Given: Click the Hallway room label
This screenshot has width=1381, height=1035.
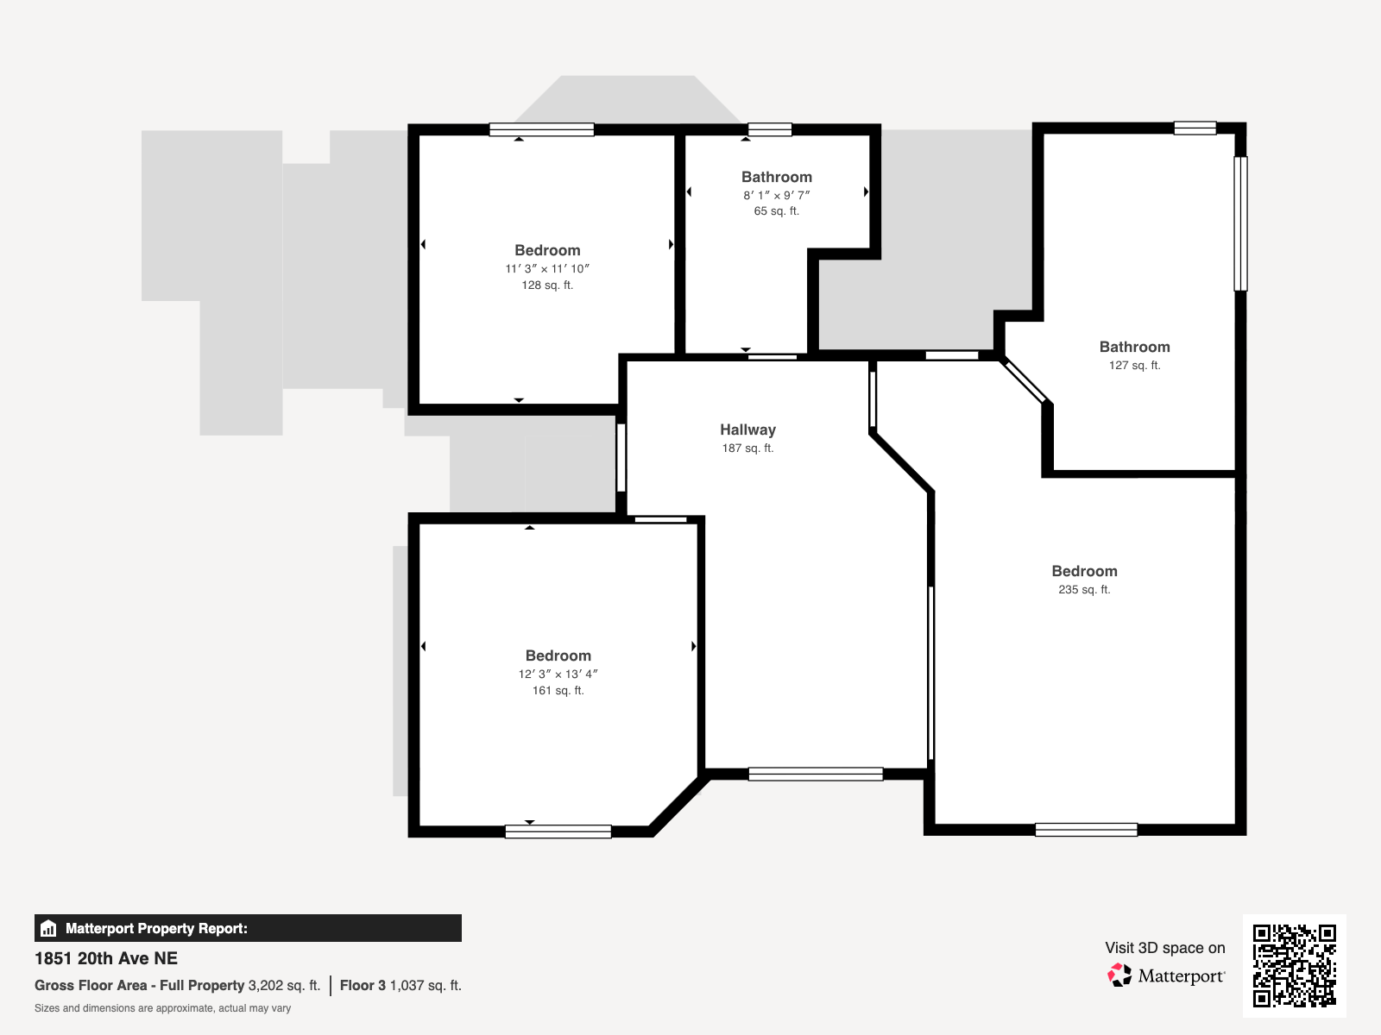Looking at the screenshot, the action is point(747,430).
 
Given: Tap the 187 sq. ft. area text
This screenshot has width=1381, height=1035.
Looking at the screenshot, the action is point(747,448).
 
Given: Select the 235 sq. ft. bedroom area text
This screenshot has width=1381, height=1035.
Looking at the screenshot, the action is point(1084,589).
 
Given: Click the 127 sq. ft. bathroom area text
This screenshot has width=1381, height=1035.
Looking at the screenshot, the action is point(1134,365).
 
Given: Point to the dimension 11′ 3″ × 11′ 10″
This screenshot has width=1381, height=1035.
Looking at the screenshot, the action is point(546,269).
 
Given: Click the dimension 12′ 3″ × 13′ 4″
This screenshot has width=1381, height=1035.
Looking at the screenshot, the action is point(558,674).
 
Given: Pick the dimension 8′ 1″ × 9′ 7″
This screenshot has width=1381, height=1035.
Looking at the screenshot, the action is point(776,196).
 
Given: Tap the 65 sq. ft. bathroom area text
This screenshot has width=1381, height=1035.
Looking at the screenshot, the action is point(776,211).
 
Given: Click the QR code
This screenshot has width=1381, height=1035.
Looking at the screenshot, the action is point(1294,966).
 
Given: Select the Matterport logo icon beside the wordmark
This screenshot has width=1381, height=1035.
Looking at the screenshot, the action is point(1119,975).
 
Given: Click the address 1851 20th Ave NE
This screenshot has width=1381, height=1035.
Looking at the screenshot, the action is point(105,958).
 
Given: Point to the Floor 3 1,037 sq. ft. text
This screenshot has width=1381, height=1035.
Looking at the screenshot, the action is point(400,985).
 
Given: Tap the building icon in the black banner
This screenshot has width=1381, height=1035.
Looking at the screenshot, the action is point(48,928).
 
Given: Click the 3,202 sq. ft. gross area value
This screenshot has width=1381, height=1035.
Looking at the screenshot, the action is point(284,985).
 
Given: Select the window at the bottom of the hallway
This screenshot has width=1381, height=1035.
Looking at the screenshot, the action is point(816,775).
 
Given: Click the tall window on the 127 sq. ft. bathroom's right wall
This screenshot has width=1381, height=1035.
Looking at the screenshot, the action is point(1240,223).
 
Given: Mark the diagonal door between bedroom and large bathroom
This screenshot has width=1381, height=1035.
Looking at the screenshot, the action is point(1024,381).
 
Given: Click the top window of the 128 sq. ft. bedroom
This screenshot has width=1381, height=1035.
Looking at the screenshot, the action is point(542,129).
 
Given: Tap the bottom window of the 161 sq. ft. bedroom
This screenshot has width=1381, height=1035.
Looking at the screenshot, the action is point(558,831).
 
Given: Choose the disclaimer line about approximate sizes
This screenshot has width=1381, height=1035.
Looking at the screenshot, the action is point(162,1008).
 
